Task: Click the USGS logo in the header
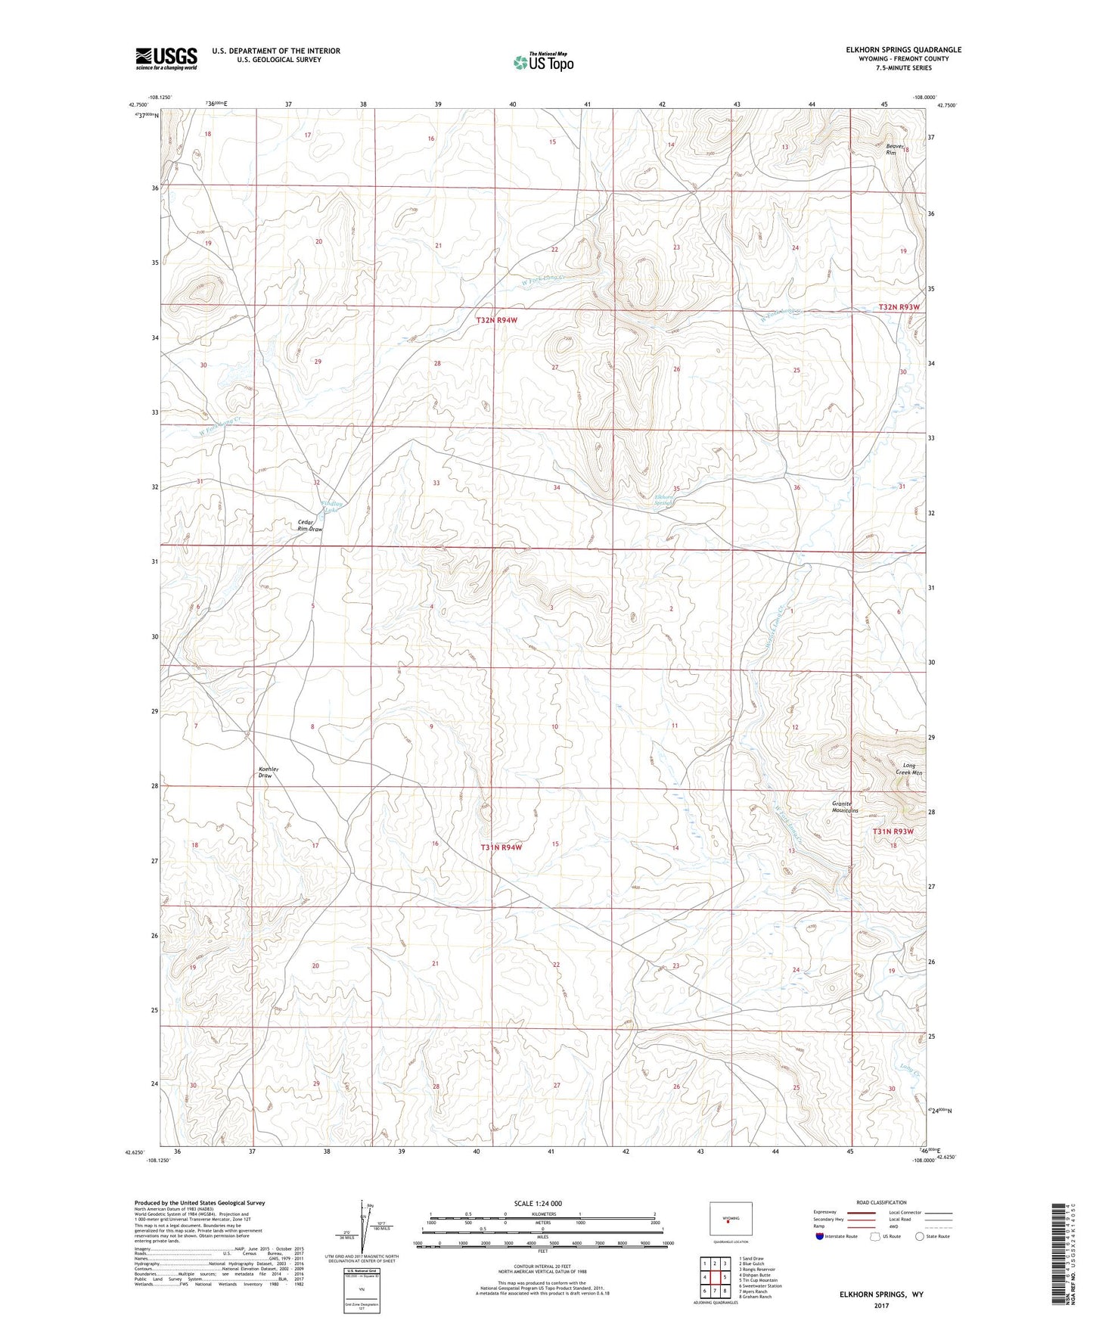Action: [x=166, y=58]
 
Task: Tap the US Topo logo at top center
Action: [x=542, y=62]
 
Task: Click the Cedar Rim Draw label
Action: [x=309, y=526]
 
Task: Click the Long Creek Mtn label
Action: [x=907, y=769]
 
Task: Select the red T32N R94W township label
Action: [x=497, y=321]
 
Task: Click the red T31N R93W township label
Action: [x=893, y=831]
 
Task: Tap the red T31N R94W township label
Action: [x=501, y=848]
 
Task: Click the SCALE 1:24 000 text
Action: [x=538, y=1204]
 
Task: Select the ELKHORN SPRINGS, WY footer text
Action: [x=880, y=1295]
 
